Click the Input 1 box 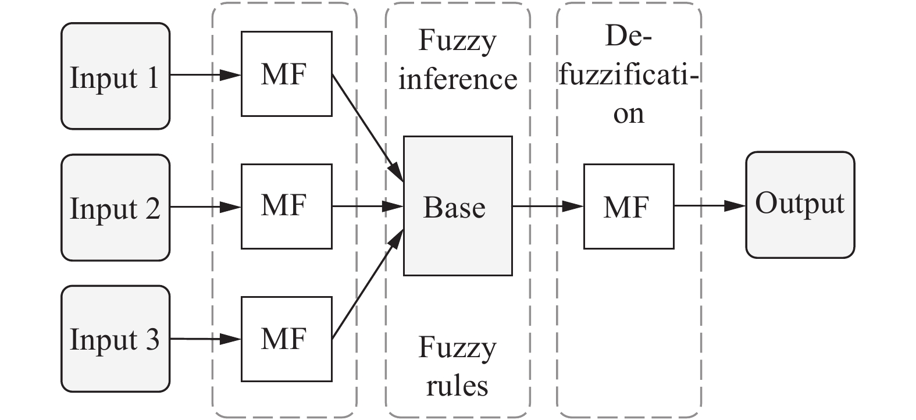[115, 76]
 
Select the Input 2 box [115, 208]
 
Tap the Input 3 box [115, 339]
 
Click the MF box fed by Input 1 [286, 74]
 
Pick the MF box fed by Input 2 [286, 206]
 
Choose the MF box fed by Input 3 [286, 339]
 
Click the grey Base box [458, 206]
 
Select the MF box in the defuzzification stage [628, 206]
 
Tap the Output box [800, 204]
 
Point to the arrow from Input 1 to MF [205, 75]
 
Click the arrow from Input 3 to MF [205, 339]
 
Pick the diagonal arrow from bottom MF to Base [367, 285]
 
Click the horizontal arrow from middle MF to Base [367, 206]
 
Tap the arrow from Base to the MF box [547, 206]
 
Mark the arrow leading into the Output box [710, 205]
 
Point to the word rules [457, 385]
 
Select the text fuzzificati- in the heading [628, 76]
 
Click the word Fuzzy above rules [457, 348]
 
